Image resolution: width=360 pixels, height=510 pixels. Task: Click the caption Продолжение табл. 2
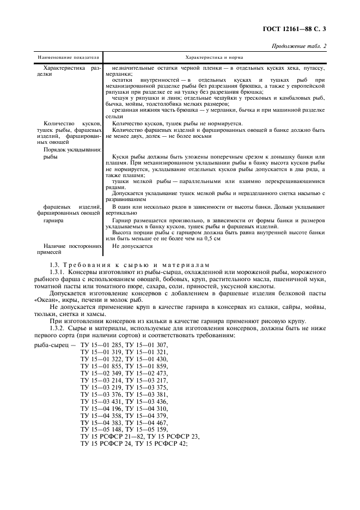coord(299,46)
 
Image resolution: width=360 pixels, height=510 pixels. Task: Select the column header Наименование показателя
coord(68,57)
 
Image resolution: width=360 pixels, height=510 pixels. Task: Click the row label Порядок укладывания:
coord(72,150)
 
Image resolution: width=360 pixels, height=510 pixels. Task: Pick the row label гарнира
coord(53,221)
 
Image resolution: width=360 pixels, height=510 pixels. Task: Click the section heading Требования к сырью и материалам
coord(137,264)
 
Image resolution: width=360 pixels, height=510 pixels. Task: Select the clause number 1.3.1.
coord(58,271)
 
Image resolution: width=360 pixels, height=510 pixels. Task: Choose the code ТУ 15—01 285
coord(101,345)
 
